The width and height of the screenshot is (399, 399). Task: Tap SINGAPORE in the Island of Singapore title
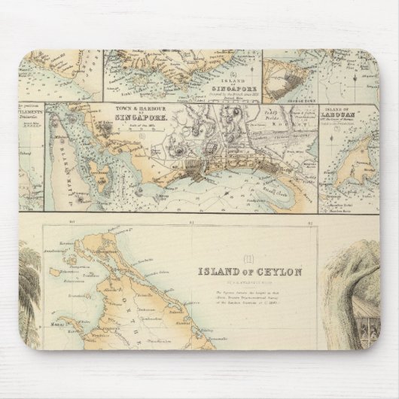pos(230,90)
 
